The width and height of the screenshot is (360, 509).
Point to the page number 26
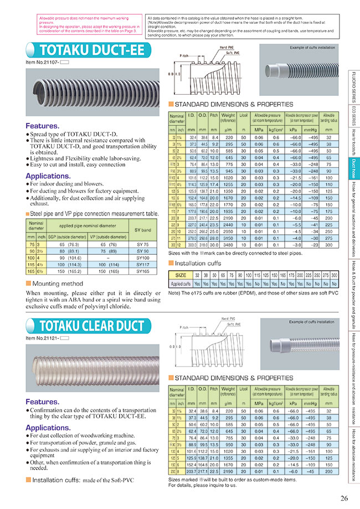point(344,498)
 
